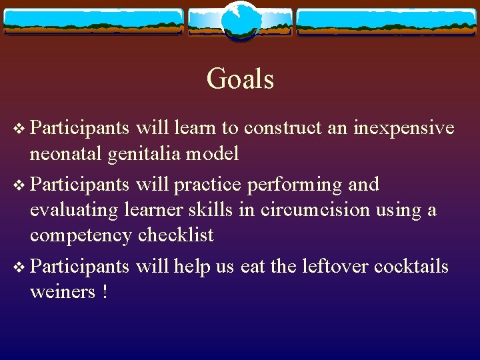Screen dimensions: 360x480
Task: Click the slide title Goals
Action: [240, 79]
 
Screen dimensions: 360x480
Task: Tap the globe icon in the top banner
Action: [240, 20]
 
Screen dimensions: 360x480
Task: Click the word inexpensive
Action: [404, 127]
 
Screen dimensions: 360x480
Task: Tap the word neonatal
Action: [66, 154]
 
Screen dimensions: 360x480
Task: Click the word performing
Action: [295, 185]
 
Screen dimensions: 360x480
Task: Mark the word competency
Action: [81, 235]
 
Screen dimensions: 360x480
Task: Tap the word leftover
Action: [335, 267]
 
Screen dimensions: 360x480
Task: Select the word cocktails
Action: [411, 267]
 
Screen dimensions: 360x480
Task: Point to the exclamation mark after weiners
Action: [105, 292]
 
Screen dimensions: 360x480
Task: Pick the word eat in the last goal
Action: [253, 267]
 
